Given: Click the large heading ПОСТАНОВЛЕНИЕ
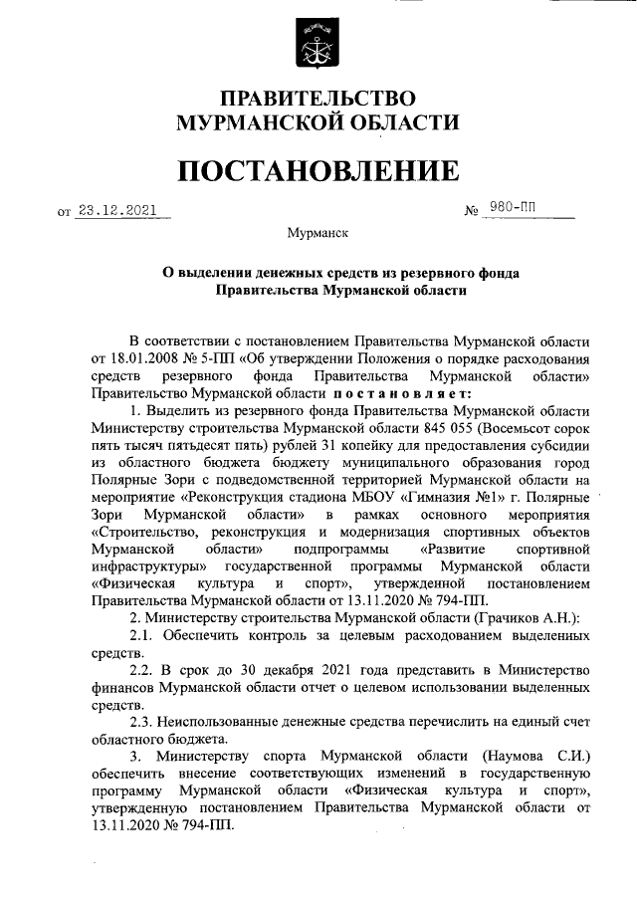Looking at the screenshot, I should click(318, 169).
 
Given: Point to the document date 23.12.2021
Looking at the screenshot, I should click(118, 210).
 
